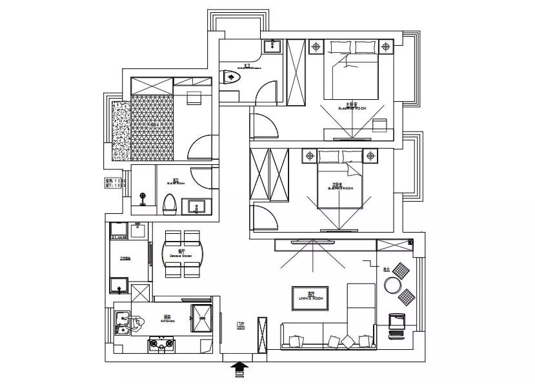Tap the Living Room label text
310,297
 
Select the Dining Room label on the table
181,253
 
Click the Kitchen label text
167,318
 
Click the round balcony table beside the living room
392,285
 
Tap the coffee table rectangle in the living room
310,297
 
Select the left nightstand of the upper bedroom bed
316,46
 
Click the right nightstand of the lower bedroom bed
370,155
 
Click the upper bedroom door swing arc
265,126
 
